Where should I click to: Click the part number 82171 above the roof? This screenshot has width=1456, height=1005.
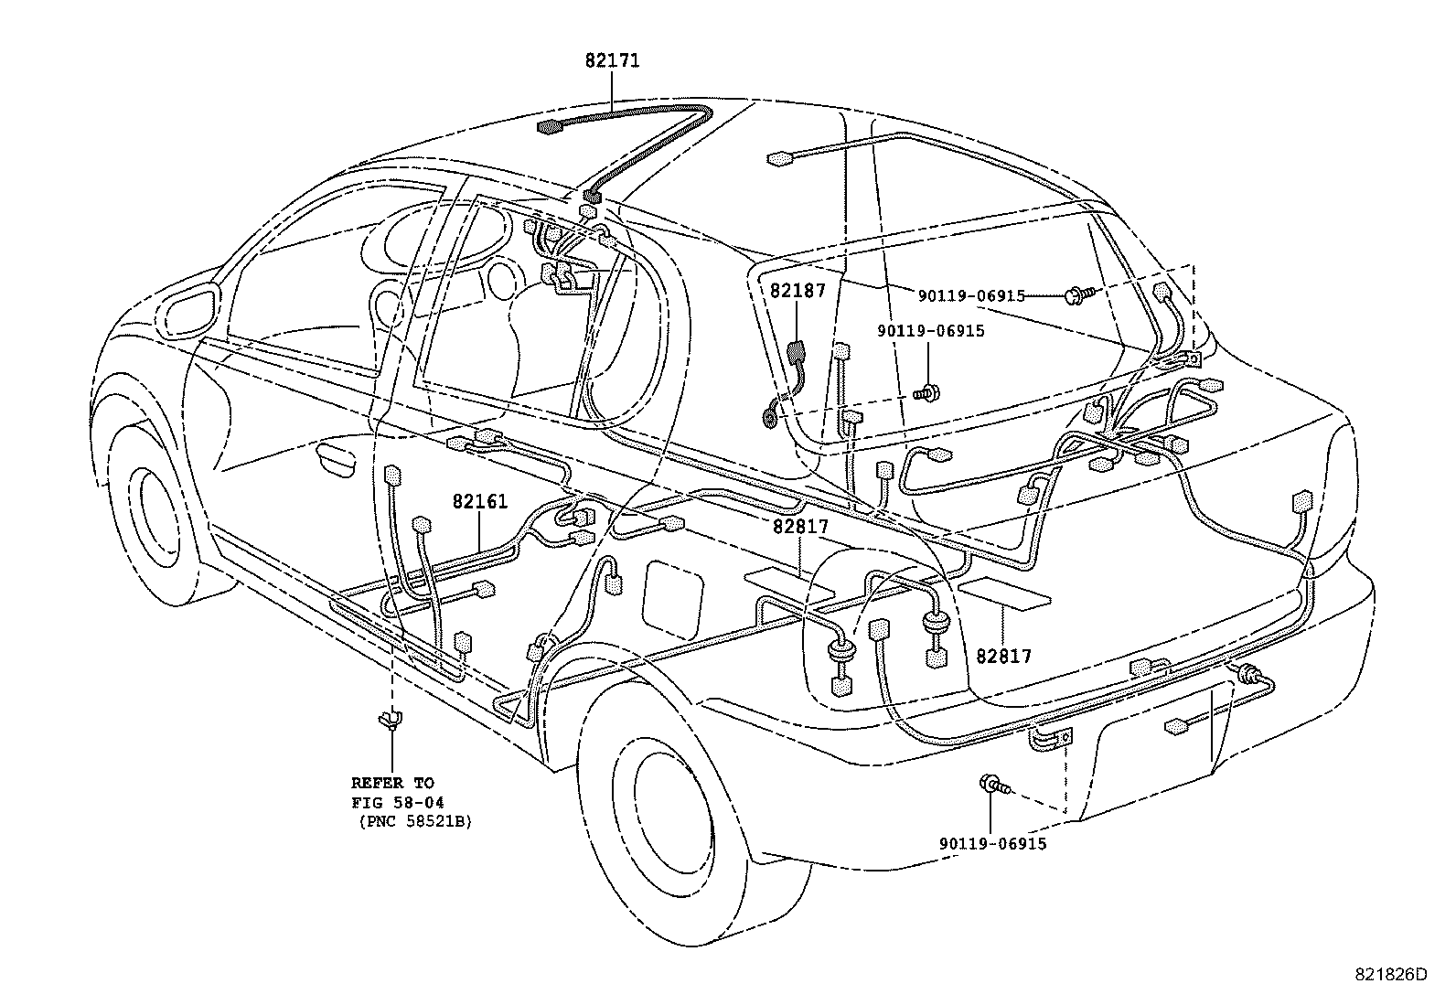[x=612, y=61]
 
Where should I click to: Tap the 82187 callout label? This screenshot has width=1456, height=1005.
[x=797, y=291]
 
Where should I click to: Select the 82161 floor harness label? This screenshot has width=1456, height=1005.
[x=479, y=502]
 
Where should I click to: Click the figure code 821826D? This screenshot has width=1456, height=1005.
[x=1390, y=974]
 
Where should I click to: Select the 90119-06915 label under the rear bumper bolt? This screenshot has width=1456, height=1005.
[x=992, y=844]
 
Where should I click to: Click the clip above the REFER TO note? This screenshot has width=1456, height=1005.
[x=391, y=721]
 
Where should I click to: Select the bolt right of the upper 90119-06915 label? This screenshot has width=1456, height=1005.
[x=1076, y=295]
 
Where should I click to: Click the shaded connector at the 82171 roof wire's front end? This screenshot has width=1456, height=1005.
[x=550, y=126]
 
